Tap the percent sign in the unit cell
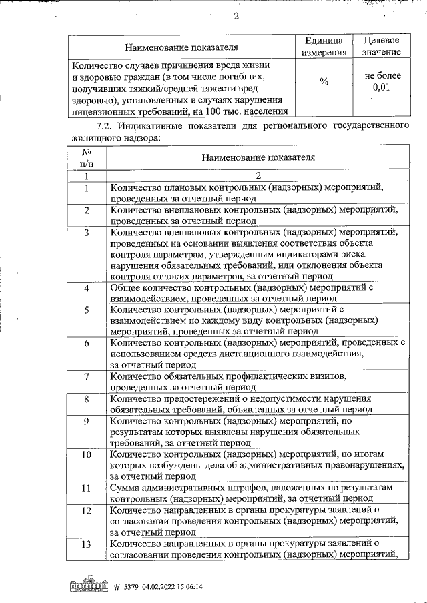(x=324, y=82)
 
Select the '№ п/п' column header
(x=86, y=157)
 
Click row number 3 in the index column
(x=86, y=233)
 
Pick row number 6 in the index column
(x=86, y=344)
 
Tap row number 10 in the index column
(x=86, y=455)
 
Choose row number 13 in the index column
(x=86, y=544)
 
